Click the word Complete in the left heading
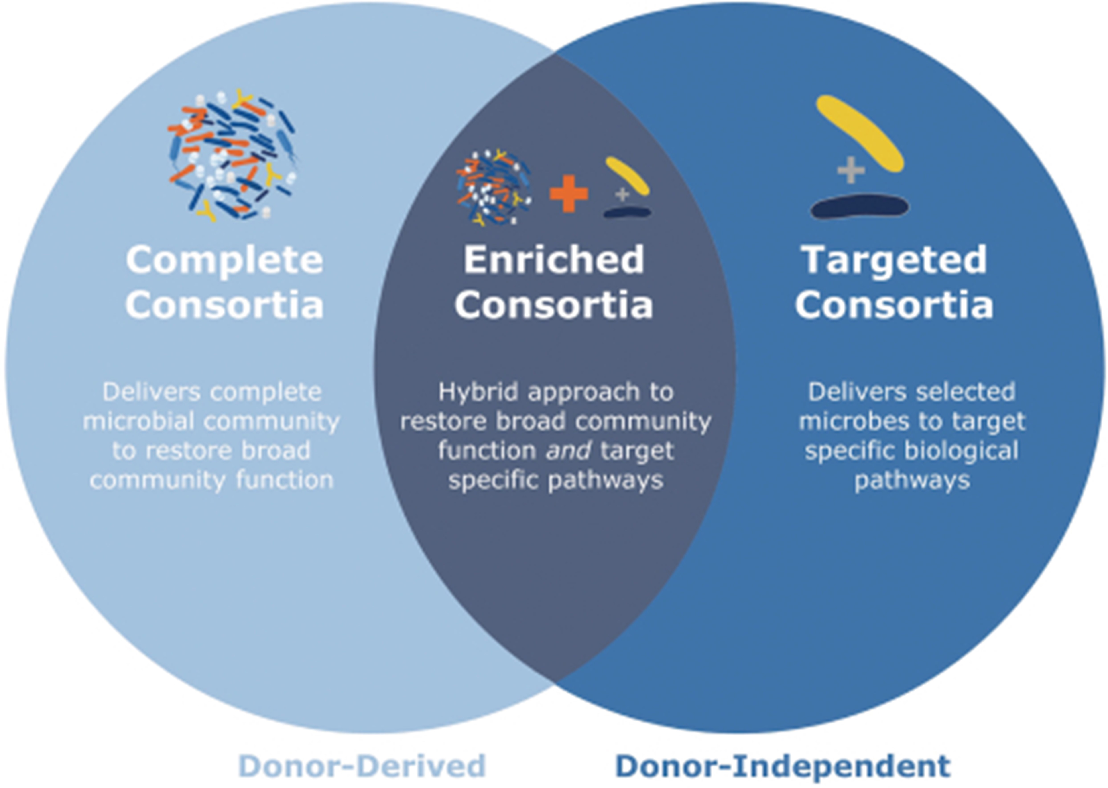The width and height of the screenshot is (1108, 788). pyautogui.click(x=224, y=261)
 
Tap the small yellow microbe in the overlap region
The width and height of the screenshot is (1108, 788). pyautogui.click(x=627, y=176)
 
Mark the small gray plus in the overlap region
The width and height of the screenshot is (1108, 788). pyautogui.click(x=622, y=194)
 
